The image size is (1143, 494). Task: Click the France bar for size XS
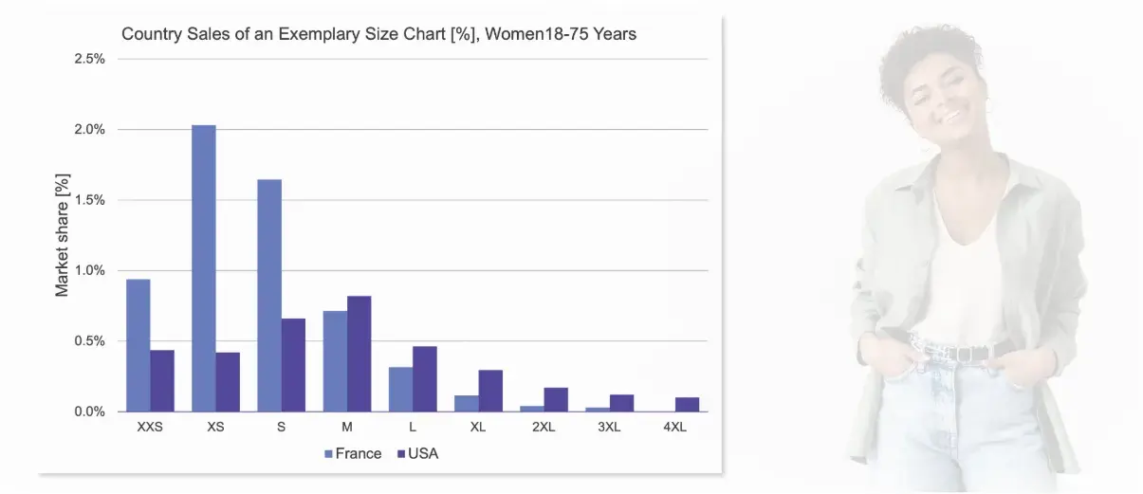point(204,268)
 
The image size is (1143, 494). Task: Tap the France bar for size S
point(269,295)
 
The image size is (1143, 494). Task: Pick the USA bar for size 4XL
point(687,405)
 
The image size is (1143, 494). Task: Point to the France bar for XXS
point(138,345)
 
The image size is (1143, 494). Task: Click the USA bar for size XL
point(490,391)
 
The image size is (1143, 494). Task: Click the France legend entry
point(353,453)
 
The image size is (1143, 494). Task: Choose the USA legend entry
point(417,453)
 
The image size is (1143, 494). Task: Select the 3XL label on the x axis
point(609,427)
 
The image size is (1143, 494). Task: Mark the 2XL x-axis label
point(544,427)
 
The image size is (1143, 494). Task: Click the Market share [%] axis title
point(63,234)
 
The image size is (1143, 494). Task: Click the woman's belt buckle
point(967,353)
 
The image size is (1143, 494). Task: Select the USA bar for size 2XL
point(556,399)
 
